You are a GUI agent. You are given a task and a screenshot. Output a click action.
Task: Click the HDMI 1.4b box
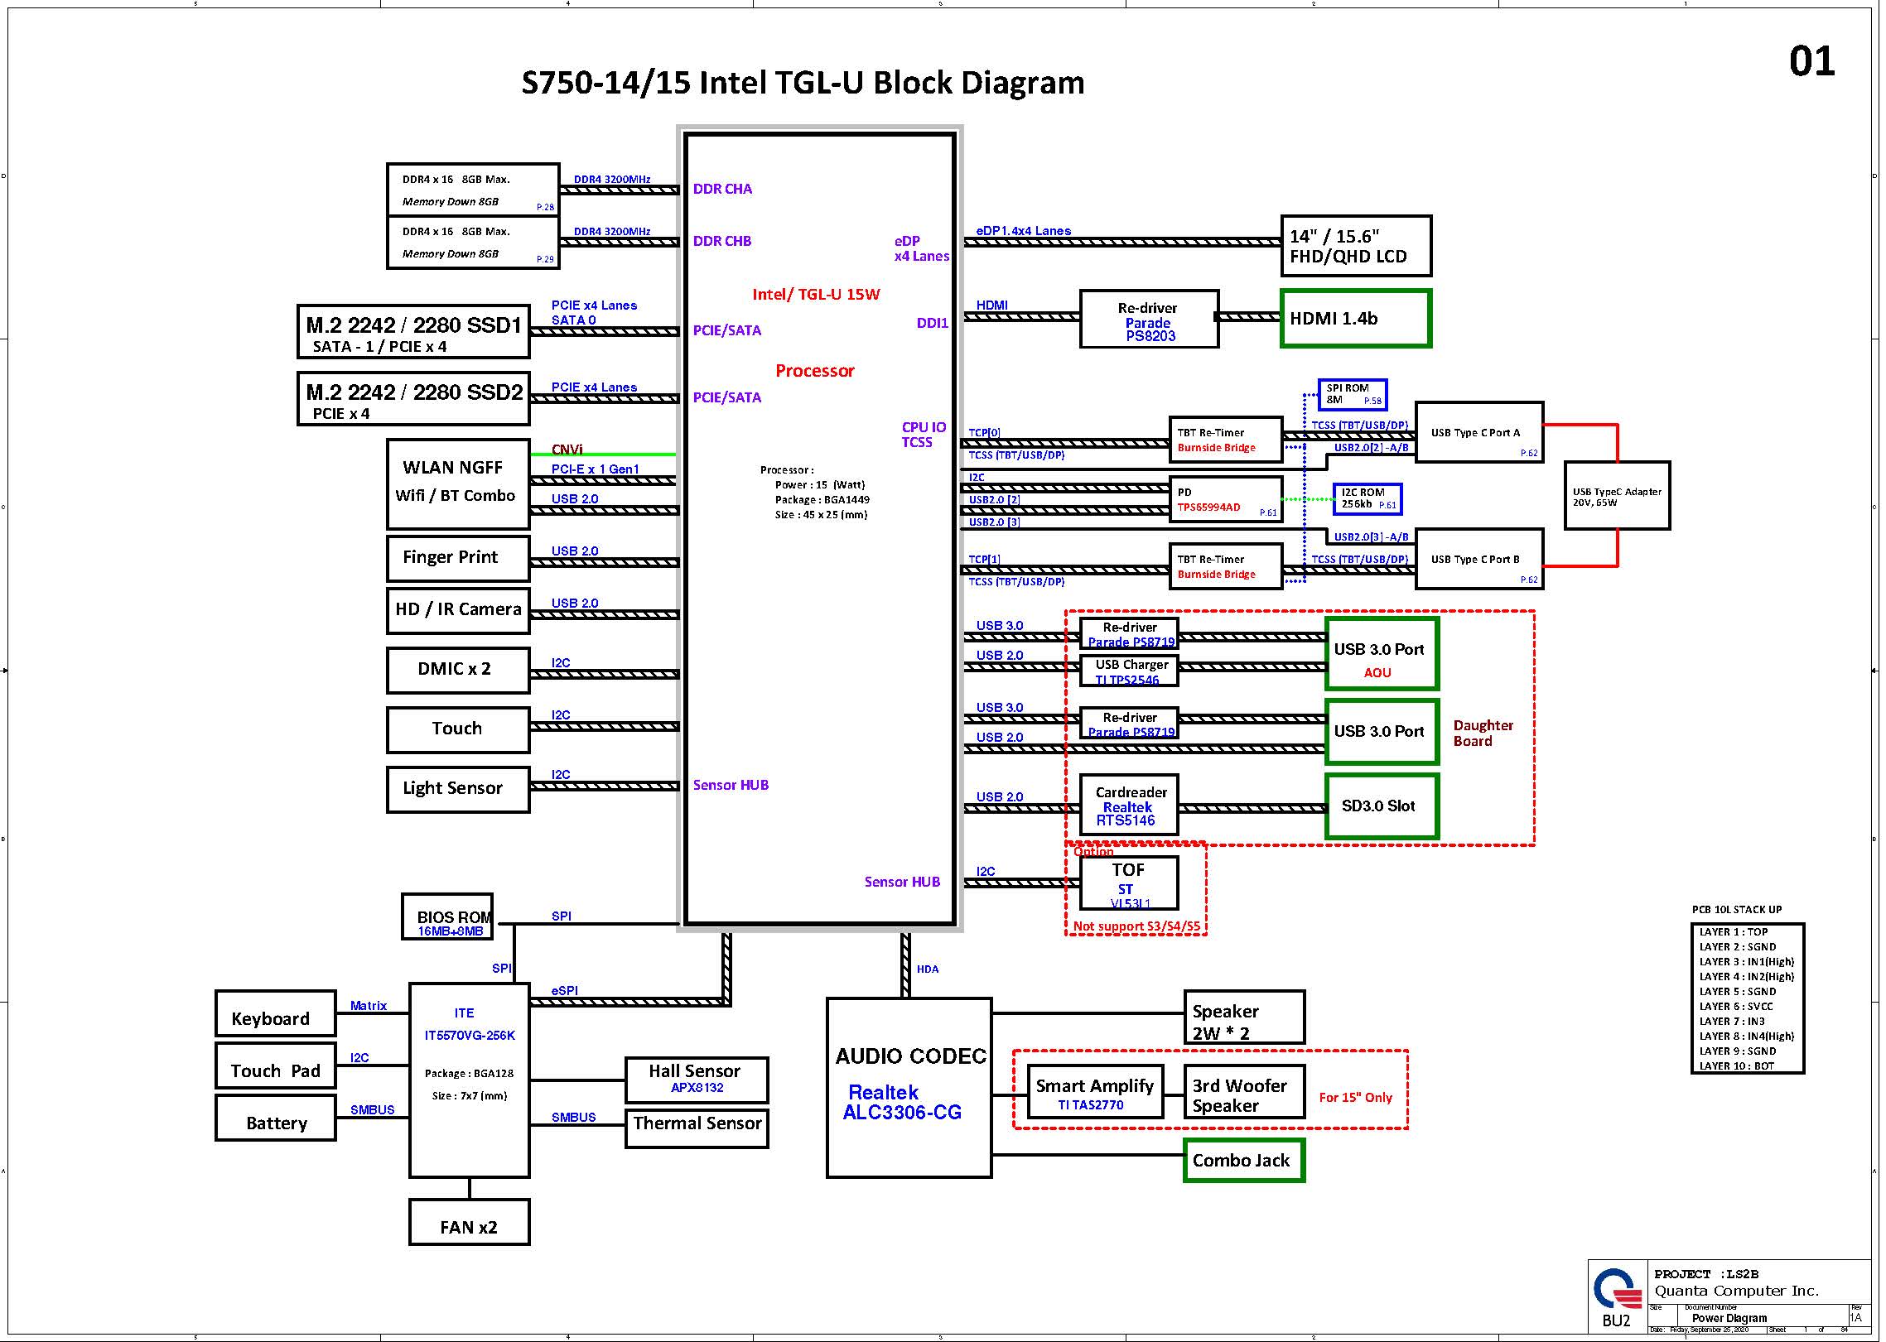[1355, 318]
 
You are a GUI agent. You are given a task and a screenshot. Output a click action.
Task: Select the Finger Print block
[457, 558]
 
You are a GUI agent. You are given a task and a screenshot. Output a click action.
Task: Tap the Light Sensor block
[457, 789]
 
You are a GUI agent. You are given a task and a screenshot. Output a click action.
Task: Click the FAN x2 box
[469, 1221]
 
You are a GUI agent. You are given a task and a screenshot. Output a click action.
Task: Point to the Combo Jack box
[1243, 1160]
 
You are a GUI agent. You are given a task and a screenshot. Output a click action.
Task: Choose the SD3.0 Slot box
[1382, 806]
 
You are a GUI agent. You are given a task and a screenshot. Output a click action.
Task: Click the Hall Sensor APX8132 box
[696, 1079]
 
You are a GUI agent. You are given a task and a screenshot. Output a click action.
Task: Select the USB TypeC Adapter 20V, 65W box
[1617, 496]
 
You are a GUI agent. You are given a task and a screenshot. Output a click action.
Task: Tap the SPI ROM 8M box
[1352, 394]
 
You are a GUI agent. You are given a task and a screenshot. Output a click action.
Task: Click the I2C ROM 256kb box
[1367, 498]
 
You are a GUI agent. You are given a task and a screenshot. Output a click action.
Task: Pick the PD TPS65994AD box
[1225, 499]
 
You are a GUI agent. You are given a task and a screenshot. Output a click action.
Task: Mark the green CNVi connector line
[613, 455]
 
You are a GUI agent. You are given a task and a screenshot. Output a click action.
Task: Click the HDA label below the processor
[928, 969]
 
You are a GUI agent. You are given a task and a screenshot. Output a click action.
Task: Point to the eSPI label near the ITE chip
[565, 990]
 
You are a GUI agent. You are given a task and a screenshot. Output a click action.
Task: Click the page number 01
[1811, 62]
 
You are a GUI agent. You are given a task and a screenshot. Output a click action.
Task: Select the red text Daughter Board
[1483, 733]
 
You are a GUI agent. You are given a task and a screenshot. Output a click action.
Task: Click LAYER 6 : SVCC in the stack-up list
[1736, 1006]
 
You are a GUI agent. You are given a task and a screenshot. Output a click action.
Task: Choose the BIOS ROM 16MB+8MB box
[447, 916]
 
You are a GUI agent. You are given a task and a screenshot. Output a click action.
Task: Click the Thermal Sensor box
[697, 1128]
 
